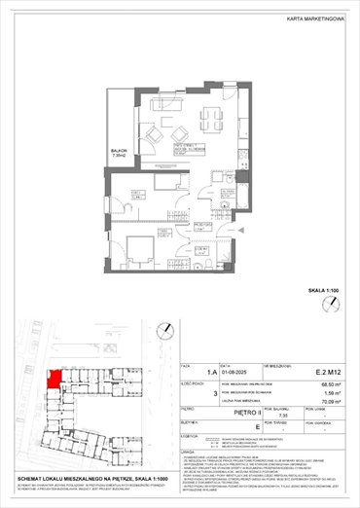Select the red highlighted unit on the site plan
click(x=55, y=375)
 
